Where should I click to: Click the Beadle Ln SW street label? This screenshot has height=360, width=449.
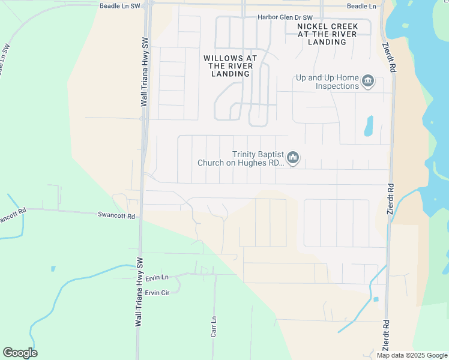119,5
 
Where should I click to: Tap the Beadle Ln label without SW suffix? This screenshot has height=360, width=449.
361,6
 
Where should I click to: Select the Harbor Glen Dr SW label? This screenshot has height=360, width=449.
285,17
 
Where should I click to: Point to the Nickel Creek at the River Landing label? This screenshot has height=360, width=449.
328,34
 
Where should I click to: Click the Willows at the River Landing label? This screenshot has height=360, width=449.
231,66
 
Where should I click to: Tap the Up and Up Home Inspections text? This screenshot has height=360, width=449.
327,82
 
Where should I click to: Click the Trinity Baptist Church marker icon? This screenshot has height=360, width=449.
293,158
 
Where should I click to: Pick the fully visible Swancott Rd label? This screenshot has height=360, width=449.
116,215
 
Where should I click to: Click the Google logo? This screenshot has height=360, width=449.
20,353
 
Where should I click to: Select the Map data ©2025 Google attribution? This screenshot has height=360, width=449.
411,355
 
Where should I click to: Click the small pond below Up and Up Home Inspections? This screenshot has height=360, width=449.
369,126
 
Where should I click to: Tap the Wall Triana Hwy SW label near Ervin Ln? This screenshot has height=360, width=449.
139,292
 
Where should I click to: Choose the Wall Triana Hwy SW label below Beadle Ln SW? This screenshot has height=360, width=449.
144,73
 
